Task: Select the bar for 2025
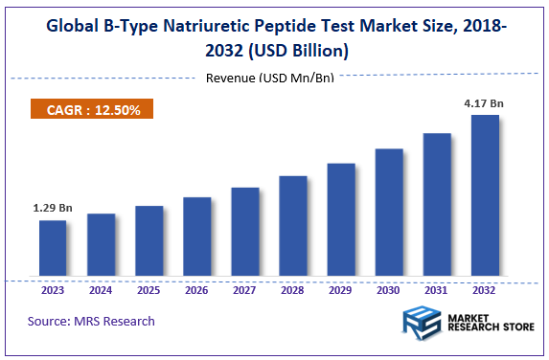(x=149, y=242)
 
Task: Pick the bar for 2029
(x=341, y=221)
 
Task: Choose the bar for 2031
(x=437, y=206)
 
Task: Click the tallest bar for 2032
(x=485, y=197)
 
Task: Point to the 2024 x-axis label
(x=101, y=290)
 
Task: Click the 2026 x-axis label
(x=196, y=290)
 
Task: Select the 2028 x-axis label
(x=293, y=290)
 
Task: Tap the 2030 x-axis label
(x=389, y=290)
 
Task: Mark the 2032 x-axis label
(x=485, y=290)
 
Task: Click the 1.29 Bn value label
(x=52, y=206)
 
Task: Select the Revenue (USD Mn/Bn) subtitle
(x=269, y=78)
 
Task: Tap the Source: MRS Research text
(x=91, y=321)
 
